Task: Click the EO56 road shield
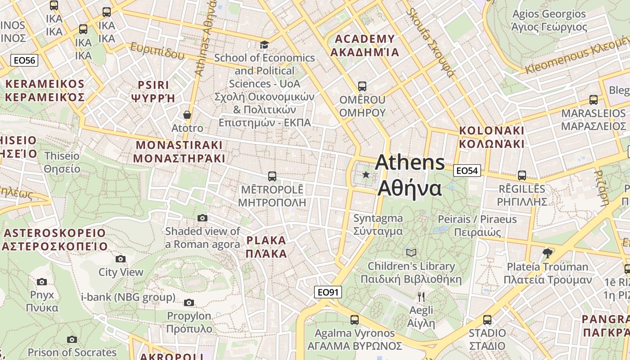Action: [25, 60]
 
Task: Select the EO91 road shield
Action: [328, 292]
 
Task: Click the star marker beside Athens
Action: [366, 175]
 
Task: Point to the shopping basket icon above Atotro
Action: [187, 115]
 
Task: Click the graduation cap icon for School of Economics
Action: [264, 45]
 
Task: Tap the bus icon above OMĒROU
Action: [362, 86]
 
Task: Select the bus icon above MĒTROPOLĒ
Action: [272, 176]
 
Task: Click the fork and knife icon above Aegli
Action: [421, 297]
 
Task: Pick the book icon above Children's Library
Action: [411, 252]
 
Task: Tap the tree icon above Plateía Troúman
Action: [548, 253]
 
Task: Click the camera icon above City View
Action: [120, 259]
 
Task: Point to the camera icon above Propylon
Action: [189, 302]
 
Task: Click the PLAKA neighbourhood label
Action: [266, 247]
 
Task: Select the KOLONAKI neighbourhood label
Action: [491, 137]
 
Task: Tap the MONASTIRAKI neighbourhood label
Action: [179, 152]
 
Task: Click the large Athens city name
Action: [409, 175]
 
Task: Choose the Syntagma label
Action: [378, 225]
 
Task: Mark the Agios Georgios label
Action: [549, 20]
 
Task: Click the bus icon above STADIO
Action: [487, 320]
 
